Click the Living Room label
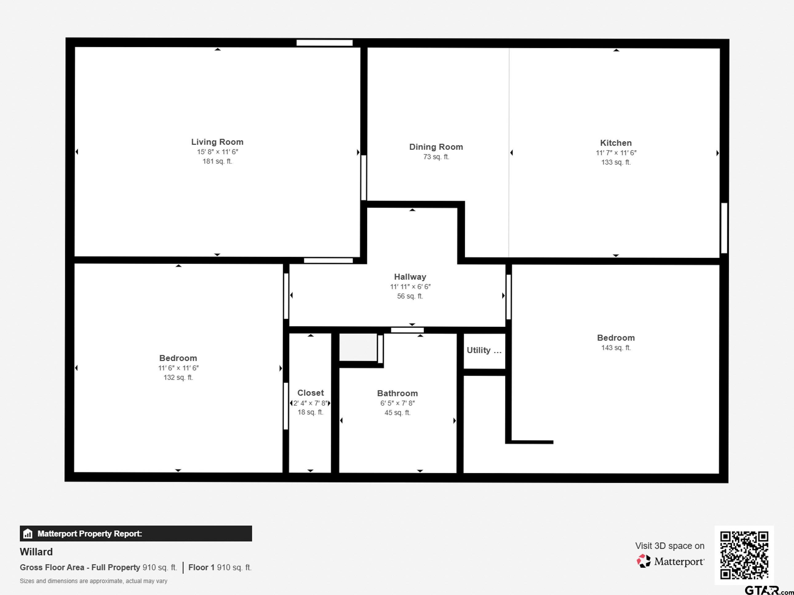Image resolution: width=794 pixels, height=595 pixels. pos(217,142)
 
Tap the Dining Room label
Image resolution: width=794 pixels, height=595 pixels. pos(436,147)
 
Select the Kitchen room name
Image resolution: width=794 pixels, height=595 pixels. pos(616,143)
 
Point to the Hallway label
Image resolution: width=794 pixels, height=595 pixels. pos(410,277)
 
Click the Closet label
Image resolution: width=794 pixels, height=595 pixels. pos(310,393)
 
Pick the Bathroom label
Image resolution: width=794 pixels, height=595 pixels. pos(397,393)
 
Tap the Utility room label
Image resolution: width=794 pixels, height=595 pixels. pos(484,350)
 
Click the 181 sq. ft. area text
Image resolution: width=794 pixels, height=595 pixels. pos(217,161)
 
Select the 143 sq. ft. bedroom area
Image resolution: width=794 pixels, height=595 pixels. pos(616,348)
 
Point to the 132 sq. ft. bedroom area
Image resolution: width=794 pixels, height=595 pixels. pos(178,377)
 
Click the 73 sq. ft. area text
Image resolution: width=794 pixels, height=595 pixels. pos(436,157)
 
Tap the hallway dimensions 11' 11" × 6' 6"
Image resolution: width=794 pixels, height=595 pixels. pos(410,286)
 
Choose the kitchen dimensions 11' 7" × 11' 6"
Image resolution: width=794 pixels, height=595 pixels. pos(616,153)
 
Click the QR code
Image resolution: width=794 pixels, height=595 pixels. pos(744,555)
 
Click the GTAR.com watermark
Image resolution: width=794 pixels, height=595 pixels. pos(769,590)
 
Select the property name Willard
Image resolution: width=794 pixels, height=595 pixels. pos(36,552)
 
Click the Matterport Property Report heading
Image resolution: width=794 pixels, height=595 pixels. pos(90,534)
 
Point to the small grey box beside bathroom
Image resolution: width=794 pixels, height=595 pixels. pos(358,347)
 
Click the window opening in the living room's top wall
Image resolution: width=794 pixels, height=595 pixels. pos(325,43)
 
